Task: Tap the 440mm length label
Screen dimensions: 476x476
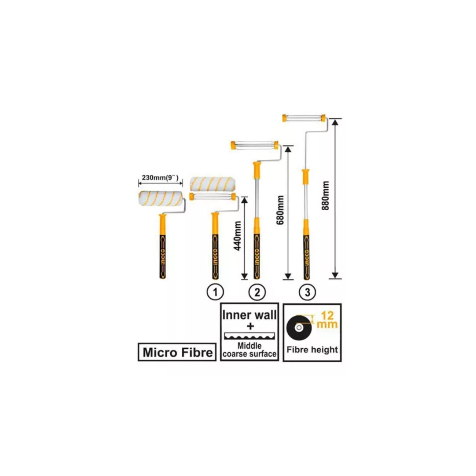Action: pos(238,236)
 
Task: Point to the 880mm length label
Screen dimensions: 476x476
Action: pos(326,196)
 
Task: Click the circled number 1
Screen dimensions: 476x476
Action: pos(215,293)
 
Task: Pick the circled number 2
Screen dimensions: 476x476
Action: pos(257,293)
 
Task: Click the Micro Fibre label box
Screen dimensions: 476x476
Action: pos(177,352)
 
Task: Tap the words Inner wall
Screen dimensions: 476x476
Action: pos(250,315)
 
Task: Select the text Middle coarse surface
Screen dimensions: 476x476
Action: pos(250,350)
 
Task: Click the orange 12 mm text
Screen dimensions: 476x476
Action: pos(328,320)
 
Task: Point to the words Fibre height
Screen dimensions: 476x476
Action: pos(312,350)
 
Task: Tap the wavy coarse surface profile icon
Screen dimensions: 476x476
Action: pos(250,337)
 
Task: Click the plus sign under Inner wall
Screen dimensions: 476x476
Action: pos(250,327)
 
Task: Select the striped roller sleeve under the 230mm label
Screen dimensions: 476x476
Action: pos(162,197)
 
